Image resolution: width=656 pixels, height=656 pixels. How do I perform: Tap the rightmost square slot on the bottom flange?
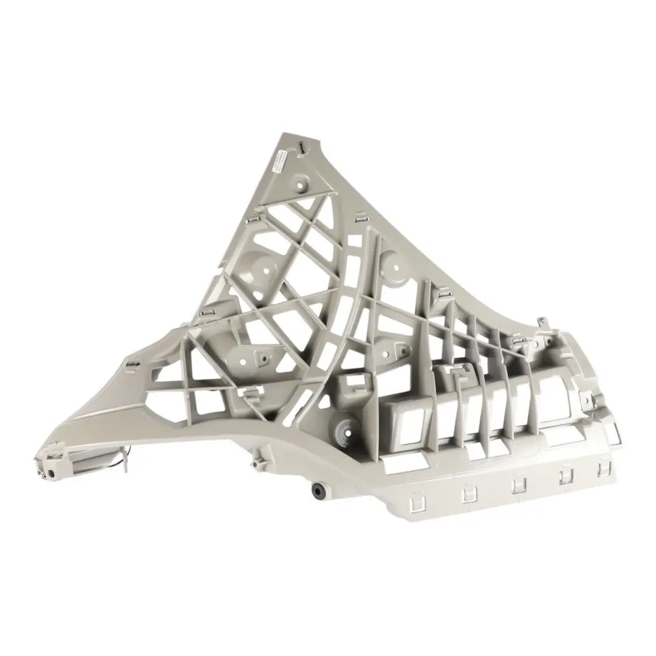604,468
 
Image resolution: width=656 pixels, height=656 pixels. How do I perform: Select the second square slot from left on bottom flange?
470,494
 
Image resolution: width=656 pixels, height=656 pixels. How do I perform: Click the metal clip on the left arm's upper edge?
132,365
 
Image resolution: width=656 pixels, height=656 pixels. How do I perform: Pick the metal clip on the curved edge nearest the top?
360,217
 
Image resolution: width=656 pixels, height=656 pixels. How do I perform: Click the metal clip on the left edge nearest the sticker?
254,219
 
